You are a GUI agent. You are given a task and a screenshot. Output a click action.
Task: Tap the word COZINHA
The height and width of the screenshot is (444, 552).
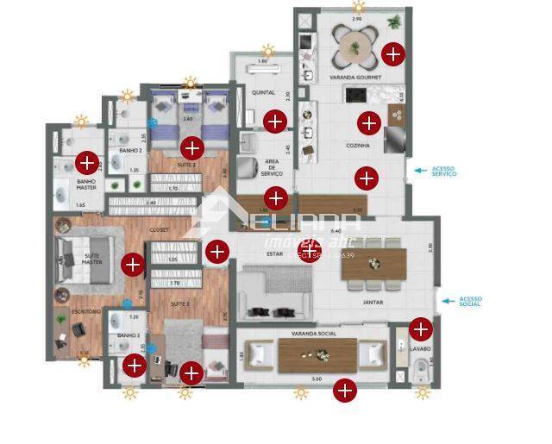[x=355, y=146]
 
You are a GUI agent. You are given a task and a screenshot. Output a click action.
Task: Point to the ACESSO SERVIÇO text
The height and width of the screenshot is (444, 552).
[x=443, y=172]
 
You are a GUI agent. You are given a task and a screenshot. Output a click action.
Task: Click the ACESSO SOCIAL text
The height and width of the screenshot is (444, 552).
[x=470, y=301]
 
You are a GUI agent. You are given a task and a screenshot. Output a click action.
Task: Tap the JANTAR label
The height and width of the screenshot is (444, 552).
[x=373, y=303]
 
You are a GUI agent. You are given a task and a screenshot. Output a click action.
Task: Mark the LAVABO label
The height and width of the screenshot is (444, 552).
[x=420, y=349]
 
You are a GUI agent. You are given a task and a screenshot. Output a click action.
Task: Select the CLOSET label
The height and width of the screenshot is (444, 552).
[x=159, y=230]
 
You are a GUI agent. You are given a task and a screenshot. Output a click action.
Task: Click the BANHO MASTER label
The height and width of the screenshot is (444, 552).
[x=86, y=184]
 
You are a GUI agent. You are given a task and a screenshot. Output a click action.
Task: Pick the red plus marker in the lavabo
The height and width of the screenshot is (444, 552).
[x=420, y=328]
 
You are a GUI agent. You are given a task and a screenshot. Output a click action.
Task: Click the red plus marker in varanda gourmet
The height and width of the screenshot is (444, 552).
[x=393, y=53]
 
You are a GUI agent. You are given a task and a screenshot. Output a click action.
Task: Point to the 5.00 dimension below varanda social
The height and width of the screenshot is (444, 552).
[x=317, y=379]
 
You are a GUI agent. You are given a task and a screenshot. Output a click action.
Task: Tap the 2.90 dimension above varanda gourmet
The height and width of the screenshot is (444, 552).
[x=357, y=17]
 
